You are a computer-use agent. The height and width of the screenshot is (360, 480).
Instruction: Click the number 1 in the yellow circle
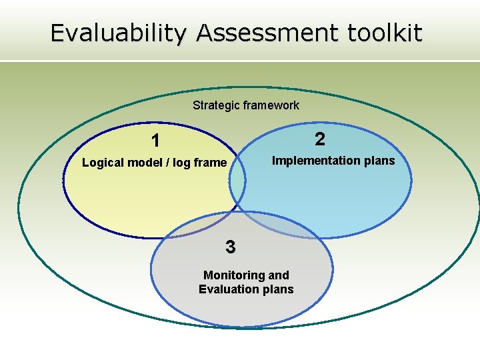[x=155, y=141]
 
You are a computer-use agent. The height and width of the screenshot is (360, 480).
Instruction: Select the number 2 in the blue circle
[x=320, y=139]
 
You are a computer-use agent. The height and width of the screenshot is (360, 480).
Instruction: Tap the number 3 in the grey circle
[x=230, y=247]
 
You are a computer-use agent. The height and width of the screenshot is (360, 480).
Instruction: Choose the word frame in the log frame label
[x=211, y=163]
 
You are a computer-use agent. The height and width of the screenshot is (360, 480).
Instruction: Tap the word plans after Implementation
[x=379, y=161]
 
